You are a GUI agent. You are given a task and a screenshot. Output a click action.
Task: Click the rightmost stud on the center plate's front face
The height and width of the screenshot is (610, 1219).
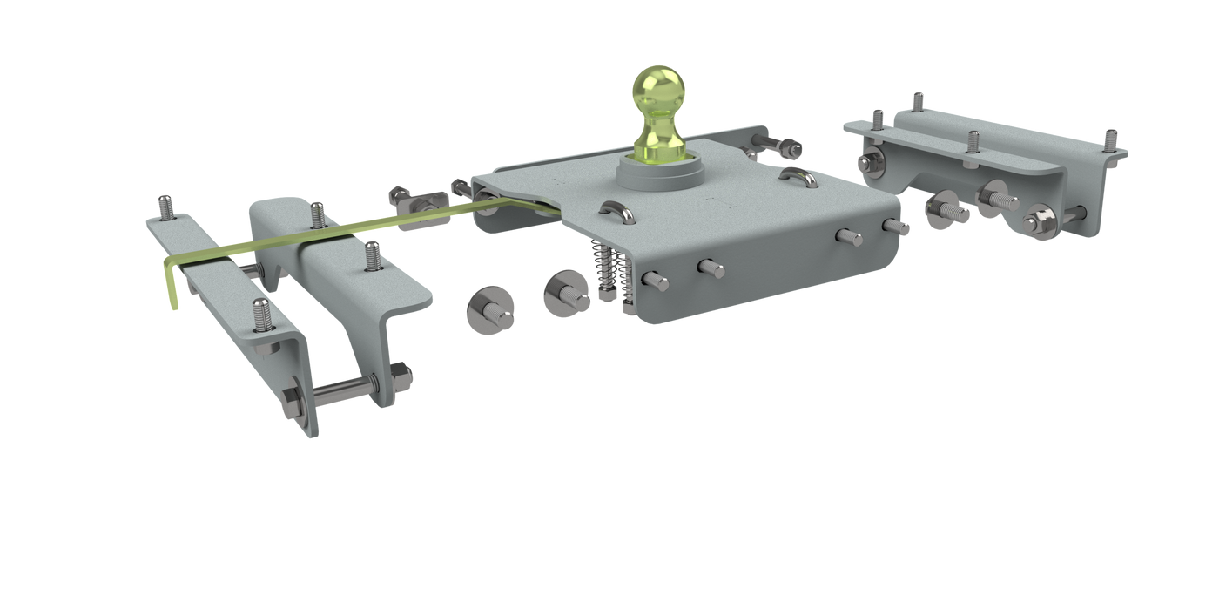click(896, 225)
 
